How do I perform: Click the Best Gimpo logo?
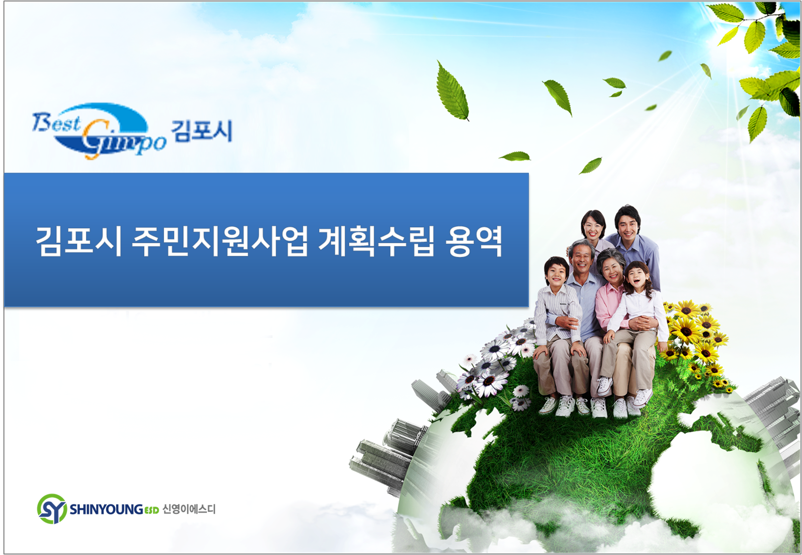point(99,131)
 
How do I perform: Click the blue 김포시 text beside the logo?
point(201,131)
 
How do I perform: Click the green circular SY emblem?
point(52,509)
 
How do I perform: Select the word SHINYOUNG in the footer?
point(106,509)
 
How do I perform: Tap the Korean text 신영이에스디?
point(189,509)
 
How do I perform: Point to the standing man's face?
point(628,225)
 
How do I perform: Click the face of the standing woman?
point(593,226)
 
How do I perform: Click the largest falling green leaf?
point(452,91)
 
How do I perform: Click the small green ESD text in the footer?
point(151,510)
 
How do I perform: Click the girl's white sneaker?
point(643,397)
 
